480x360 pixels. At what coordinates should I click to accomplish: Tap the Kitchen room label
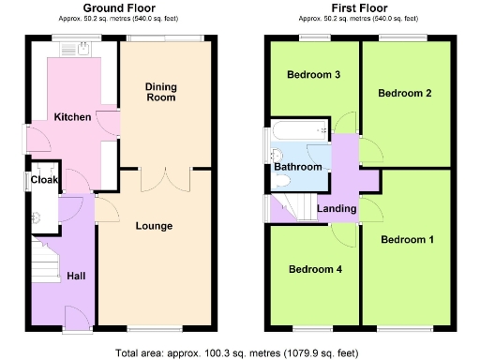pos(72,117)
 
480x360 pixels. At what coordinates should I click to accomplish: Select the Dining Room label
pos(160,92)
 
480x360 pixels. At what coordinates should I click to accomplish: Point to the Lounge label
pos(154,226)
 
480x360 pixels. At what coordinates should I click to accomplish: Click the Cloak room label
pos(44,179)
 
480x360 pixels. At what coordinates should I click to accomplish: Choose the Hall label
pos(76,277)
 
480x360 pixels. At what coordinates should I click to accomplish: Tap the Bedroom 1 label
pos(407,240)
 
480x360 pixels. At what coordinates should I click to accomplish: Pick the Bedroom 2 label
pos(404,93)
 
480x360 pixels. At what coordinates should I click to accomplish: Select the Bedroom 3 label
pos(313,75)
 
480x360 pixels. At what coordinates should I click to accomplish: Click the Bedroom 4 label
pos(314,270)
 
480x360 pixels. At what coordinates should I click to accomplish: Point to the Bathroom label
pos(298,167)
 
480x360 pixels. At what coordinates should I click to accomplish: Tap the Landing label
pos(336,208)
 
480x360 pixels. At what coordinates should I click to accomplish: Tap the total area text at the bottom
pos(239,353)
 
